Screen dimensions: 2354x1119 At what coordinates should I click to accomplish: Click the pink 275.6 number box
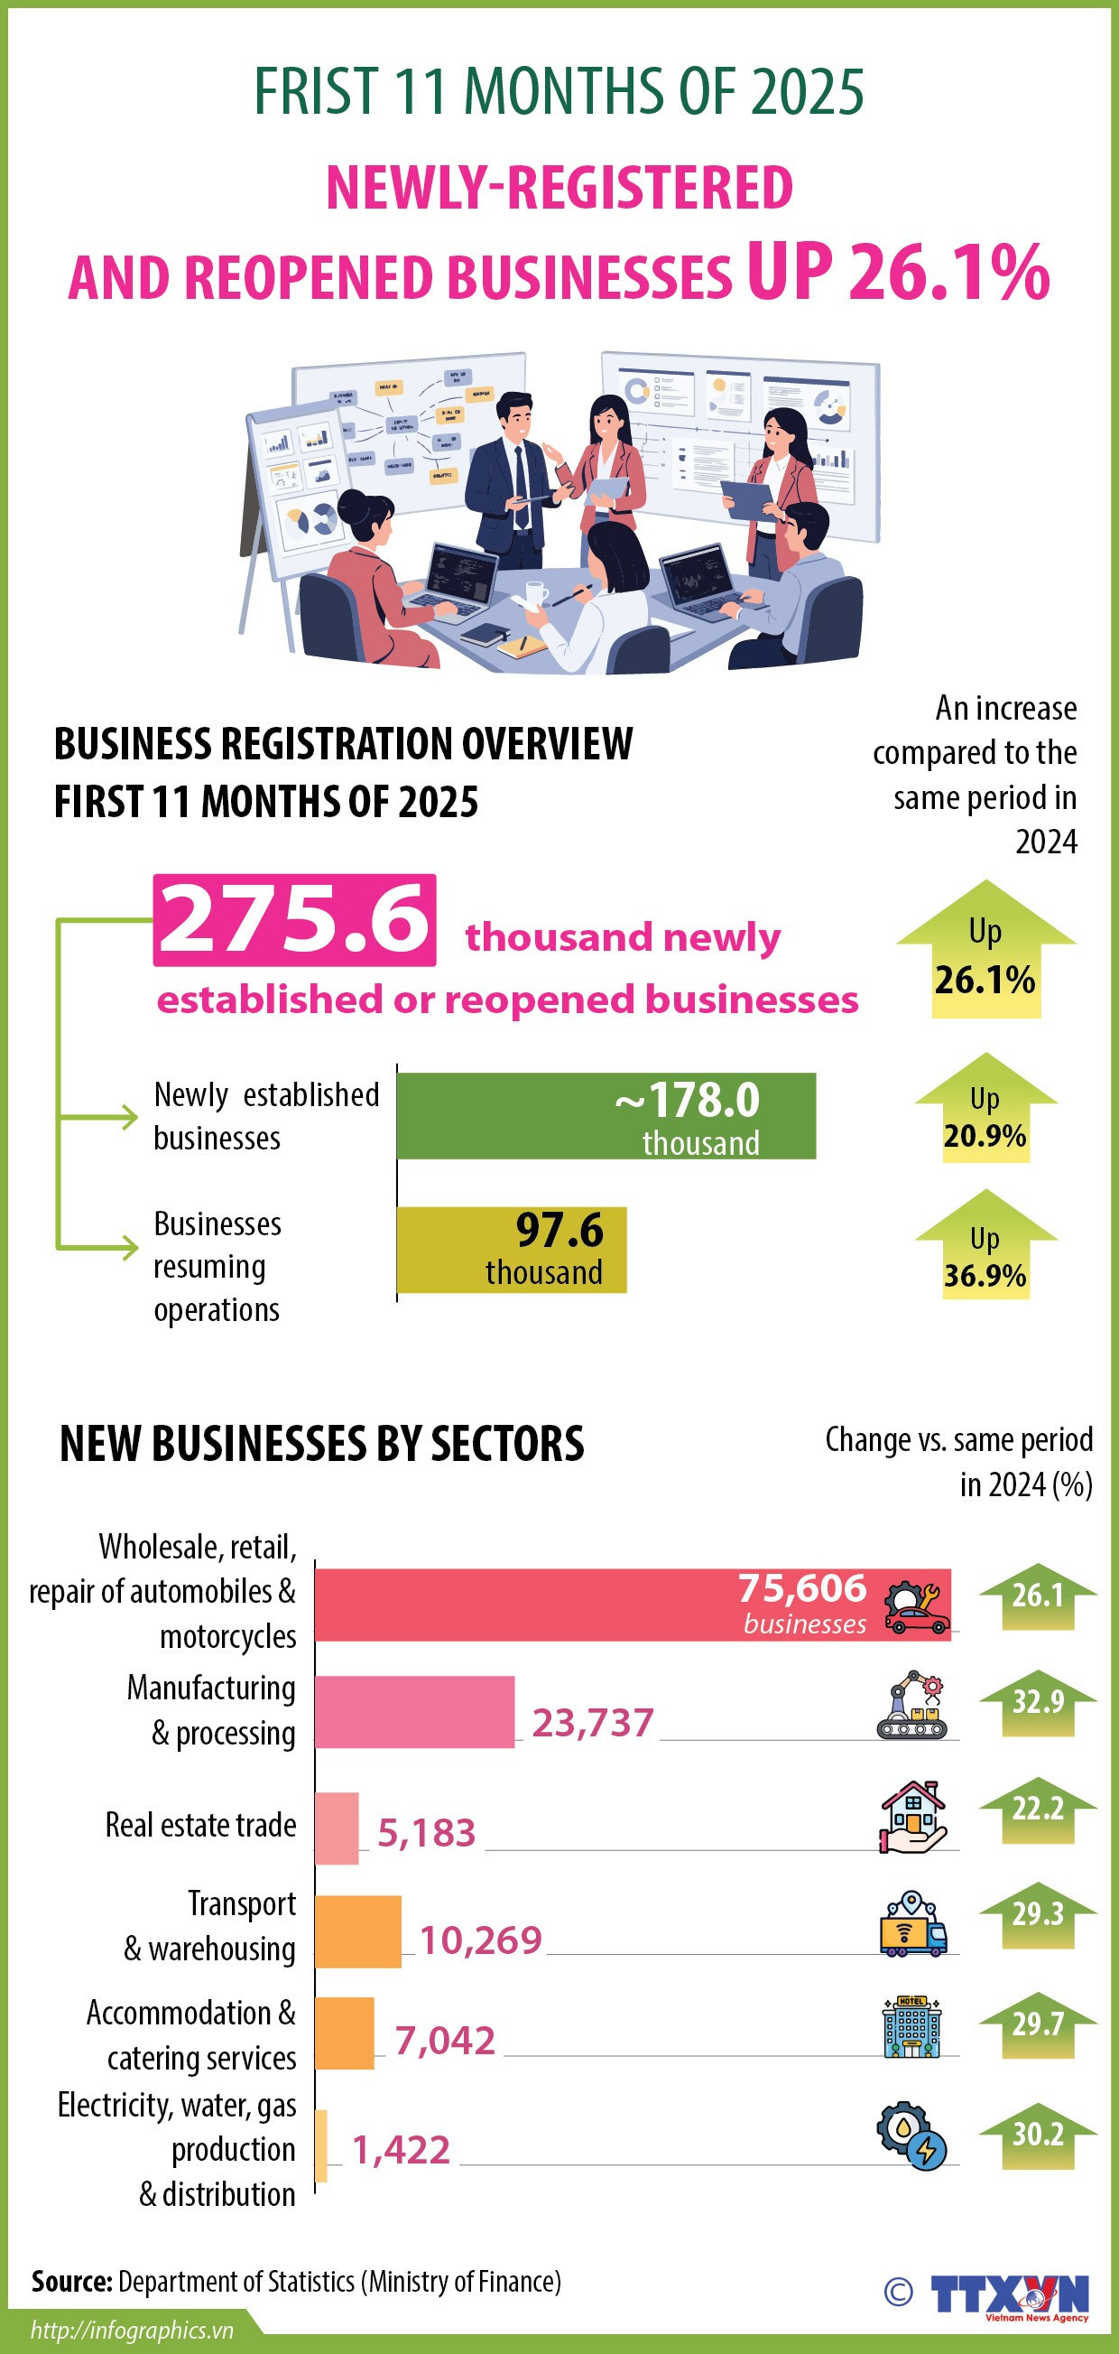pyautogui.click(x=294, y=919)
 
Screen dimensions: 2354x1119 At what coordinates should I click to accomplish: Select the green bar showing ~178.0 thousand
pyautogui.click(x=606, y=1116)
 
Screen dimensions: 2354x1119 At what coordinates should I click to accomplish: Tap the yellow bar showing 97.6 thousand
pyautogui.click(x=512, y=1249)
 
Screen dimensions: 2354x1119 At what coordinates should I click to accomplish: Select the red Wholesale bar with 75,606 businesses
pyautogui.click(x=632, y=1605)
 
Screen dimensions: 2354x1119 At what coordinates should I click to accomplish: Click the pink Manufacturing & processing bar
pyautogui.click(x=415, y=1712)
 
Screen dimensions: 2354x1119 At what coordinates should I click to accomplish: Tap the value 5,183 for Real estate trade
pyautogui.click(x=427, y=1832)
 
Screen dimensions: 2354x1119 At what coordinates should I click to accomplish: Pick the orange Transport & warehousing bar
pyautogui.click(x=358, y=1931)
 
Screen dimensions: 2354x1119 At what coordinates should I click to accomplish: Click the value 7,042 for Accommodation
pyautogui.click(x=445, y=2040)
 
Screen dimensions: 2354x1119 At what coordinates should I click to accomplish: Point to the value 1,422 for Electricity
pyautogui.click(x=401, y=2149)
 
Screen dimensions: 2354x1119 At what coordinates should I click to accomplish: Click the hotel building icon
pyautogui.click(x=911, y=2027)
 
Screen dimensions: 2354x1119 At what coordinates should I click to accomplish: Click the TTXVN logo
pyautogui.click(x=1010, y=2294)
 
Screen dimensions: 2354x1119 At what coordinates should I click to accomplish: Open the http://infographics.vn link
pyautogui.click(x=133, y=2330)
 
